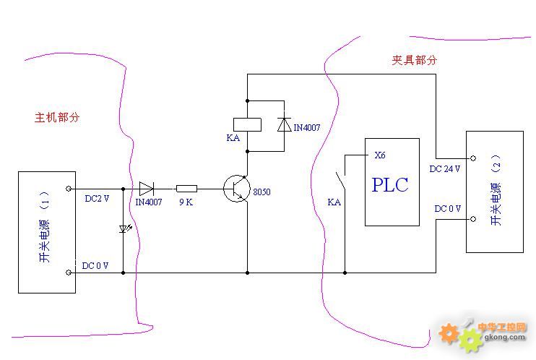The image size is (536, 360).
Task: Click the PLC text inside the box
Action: click(390, 184)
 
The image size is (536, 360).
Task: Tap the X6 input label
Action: click(380, 155)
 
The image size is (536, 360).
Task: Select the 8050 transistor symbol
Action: click(237, 189)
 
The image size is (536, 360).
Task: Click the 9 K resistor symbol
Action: click(187, 189)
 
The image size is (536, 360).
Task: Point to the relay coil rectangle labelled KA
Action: click(246, 124)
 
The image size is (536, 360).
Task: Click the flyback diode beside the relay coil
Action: click(282, 124)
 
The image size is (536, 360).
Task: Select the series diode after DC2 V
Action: click(147, 189)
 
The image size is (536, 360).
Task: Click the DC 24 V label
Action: click(445, 168)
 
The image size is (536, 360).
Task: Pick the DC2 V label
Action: click(97, 198)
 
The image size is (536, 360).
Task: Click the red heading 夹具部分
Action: click(415, 61)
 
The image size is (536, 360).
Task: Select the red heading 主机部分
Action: click(56, 116)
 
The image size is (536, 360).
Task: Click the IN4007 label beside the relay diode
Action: click(306, 127)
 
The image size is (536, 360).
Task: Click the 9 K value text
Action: click(186, 202)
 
